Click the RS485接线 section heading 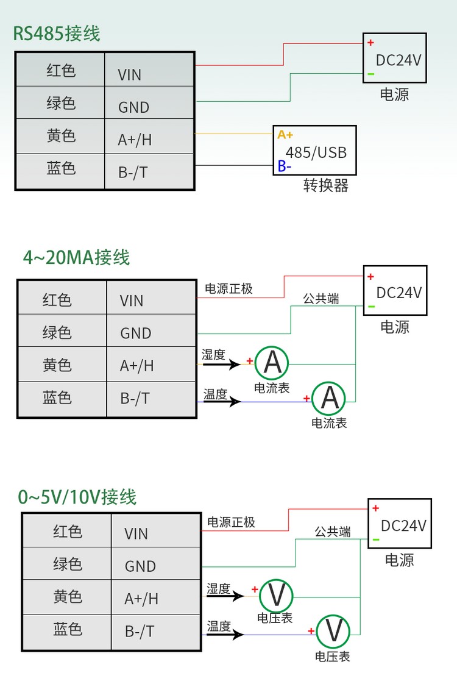point(57,33)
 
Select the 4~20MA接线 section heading point(76,257)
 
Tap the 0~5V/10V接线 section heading point(77,497)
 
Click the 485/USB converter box point(315,151)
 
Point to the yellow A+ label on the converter point(285,135)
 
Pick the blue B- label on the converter point(285,166)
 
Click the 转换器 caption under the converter point(326,186)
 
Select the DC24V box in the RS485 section point(395,59)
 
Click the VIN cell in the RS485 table point(149,75)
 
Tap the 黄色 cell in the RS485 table point(61,136)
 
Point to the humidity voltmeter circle point(277,594)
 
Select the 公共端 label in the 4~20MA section point(321,299)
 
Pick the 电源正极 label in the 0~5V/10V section point(231,522)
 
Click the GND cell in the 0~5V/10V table point(156,566)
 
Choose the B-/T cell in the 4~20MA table point(151,399)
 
